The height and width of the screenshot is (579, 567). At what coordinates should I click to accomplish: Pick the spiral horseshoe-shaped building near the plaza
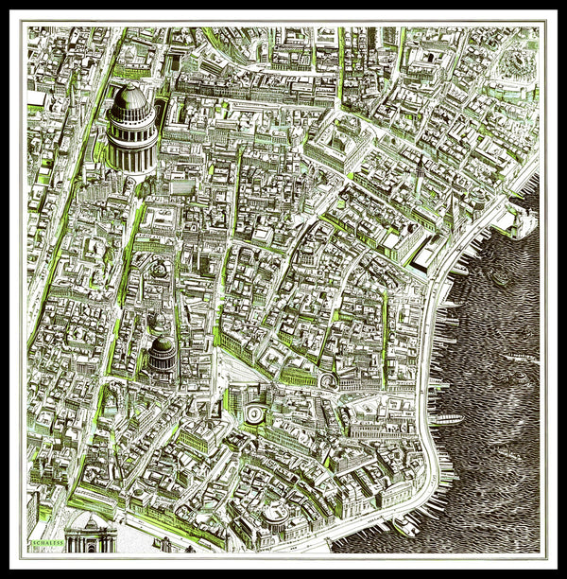329,380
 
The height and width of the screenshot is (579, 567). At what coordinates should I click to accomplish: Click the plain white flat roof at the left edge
37,98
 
